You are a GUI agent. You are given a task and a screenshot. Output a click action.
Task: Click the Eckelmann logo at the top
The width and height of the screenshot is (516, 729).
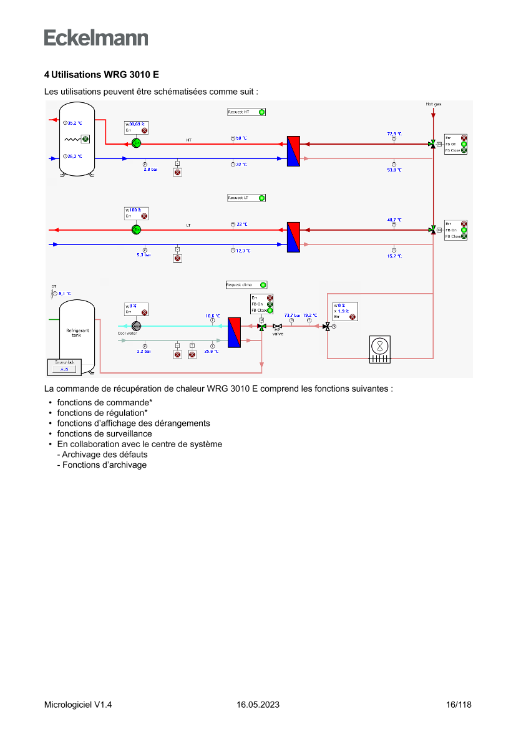(96, 37)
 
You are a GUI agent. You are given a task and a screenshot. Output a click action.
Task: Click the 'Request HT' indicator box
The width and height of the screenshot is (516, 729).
(246, 112)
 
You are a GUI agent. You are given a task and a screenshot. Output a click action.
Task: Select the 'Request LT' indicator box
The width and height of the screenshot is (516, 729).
(246, 198)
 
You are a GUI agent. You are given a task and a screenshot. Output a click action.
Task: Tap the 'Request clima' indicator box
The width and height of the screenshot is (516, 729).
(246, 284)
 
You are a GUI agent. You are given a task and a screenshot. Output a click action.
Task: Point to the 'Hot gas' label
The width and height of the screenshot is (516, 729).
(433, 104)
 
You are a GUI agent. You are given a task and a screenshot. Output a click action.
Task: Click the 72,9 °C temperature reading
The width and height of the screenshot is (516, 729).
(394, 133)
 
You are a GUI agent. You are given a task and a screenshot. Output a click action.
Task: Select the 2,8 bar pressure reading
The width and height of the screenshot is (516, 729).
(151, 169)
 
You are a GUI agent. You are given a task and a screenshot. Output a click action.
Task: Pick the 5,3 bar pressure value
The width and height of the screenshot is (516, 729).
(144, 254)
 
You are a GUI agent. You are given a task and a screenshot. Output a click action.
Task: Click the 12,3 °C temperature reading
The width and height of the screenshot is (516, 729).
(243, 251)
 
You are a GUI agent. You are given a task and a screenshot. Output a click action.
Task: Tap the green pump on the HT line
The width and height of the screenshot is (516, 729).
(137, 143)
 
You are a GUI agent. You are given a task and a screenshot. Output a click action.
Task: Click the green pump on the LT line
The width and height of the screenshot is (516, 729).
(137, 229)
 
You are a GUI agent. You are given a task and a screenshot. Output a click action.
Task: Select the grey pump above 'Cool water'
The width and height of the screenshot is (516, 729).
(137, 326)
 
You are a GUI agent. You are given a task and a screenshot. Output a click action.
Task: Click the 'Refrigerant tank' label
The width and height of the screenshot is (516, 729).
(77, 332)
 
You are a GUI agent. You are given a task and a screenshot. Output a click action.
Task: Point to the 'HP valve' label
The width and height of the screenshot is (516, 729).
(278, 332)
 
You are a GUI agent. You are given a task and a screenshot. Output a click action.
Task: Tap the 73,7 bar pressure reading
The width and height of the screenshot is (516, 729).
(292, 316)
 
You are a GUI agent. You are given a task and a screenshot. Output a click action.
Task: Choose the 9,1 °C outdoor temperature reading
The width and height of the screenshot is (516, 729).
(64, 293)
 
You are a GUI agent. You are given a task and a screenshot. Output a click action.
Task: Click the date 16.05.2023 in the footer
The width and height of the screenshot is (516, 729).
(258, 705)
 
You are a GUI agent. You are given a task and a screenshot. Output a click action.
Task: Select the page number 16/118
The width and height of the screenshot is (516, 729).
(459, 705)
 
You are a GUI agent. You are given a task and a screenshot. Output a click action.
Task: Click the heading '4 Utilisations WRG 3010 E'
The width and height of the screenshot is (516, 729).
(101, 74)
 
